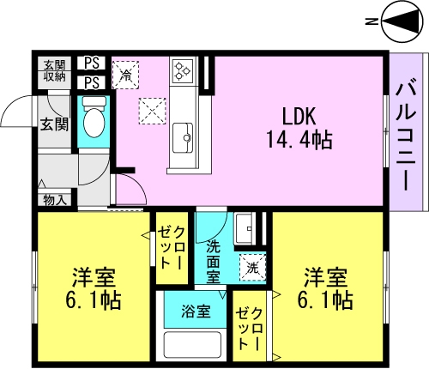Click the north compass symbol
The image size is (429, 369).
click(x=402, y=21)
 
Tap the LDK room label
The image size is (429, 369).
click(x=299, y=117)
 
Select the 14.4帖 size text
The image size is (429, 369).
click(x=299, y=140)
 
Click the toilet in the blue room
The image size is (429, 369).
click(x=94, y=118)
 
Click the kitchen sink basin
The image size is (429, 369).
click(x=183, y=138)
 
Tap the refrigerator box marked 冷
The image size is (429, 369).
click(x=125, y=75)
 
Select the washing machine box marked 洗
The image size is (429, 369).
click(x=253, y=268)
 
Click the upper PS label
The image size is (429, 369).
click(x=92, y=63)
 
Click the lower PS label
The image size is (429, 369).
click(x=92, y=82)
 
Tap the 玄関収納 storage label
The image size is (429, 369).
click(x=54, y=70)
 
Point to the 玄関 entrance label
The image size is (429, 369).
click(x=54, y=124)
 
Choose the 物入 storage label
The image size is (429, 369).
click(x=55, y=200)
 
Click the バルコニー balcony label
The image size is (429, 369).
click(x=406, y=136)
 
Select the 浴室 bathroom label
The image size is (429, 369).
click(x=196, y=312)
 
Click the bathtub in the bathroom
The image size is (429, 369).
click(x=193, y=345)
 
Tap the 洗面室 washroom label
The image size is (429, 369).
click(x=214, y=261)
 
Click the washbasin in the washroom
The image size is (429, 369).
click(x=245, y=229)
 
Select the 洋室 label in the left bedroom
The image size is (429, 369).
click(x=94, y=277)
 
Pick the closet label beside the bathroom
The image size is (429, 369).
click(x=249, y=329)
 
